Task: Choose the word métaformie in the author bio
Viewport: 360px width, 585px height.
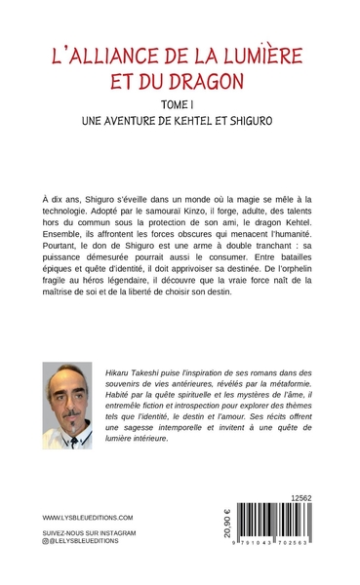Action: (282, 385)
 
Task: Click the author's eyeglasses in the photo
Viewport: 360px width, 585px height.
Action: (67, 395)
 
